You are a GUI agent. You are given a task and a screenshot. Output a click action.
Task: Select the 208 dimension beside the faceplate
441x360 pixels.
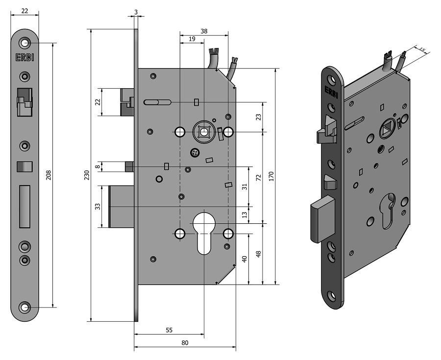click(x=49, y=175)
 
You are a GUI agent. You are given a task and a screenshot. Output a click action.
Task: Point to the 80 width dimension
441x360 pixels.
click(x=185, y=343)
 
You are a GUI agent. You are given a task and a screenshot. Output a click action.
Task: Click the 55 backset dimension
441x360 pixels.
click(x=169, y=331)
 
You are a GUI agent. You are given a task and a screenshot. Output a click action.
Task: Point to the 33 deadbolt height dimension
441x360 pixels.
click(x=98, y=206)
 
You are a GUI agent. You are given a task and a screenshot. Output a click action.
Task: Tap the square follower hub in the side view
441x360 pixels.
click(x=204, y=132)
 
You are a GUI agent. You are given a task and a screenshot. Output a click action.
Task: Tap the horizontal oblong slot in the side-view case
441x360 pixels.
click(x=157, y=102)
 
